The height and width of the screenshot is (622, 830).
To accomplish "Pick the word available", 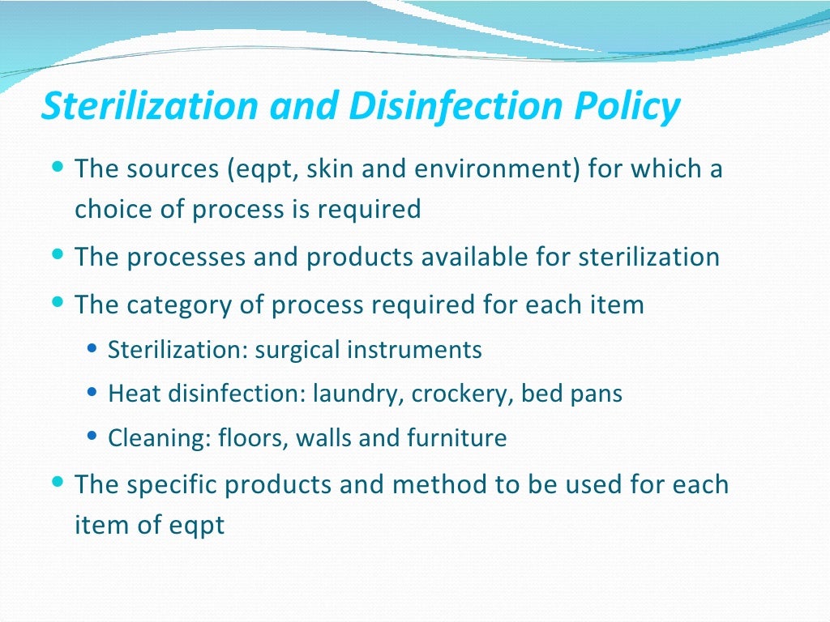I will click(468, 258).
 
